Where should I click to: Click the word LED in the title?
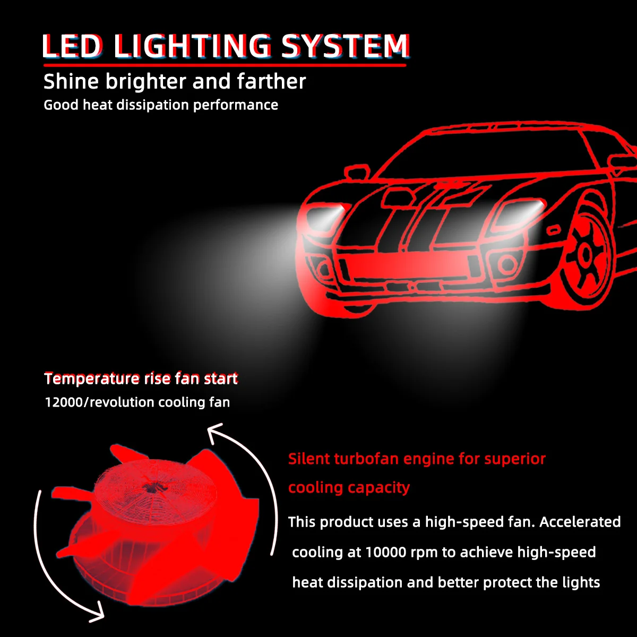[72, 46]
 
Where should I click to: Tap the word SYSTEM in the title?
[345, 46]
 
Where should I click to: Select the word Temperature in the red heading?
[92, 378]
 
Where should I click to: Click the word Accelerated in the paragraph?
[580, 522]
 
